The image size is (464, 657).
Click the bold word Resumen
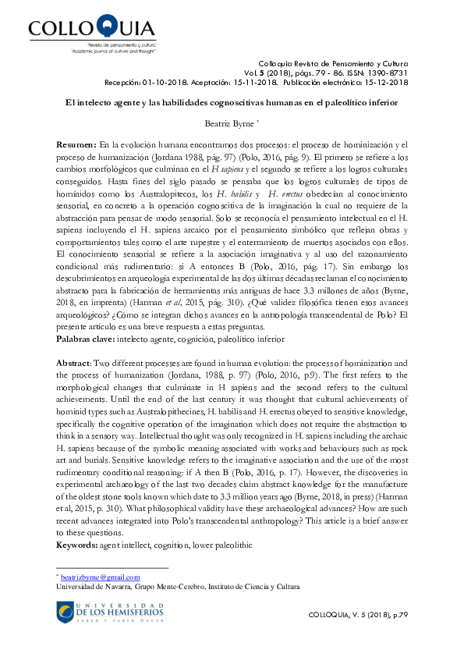coord(76,146)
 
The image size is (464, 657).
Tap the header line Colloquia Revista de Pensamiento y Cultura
coord(332,63)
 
